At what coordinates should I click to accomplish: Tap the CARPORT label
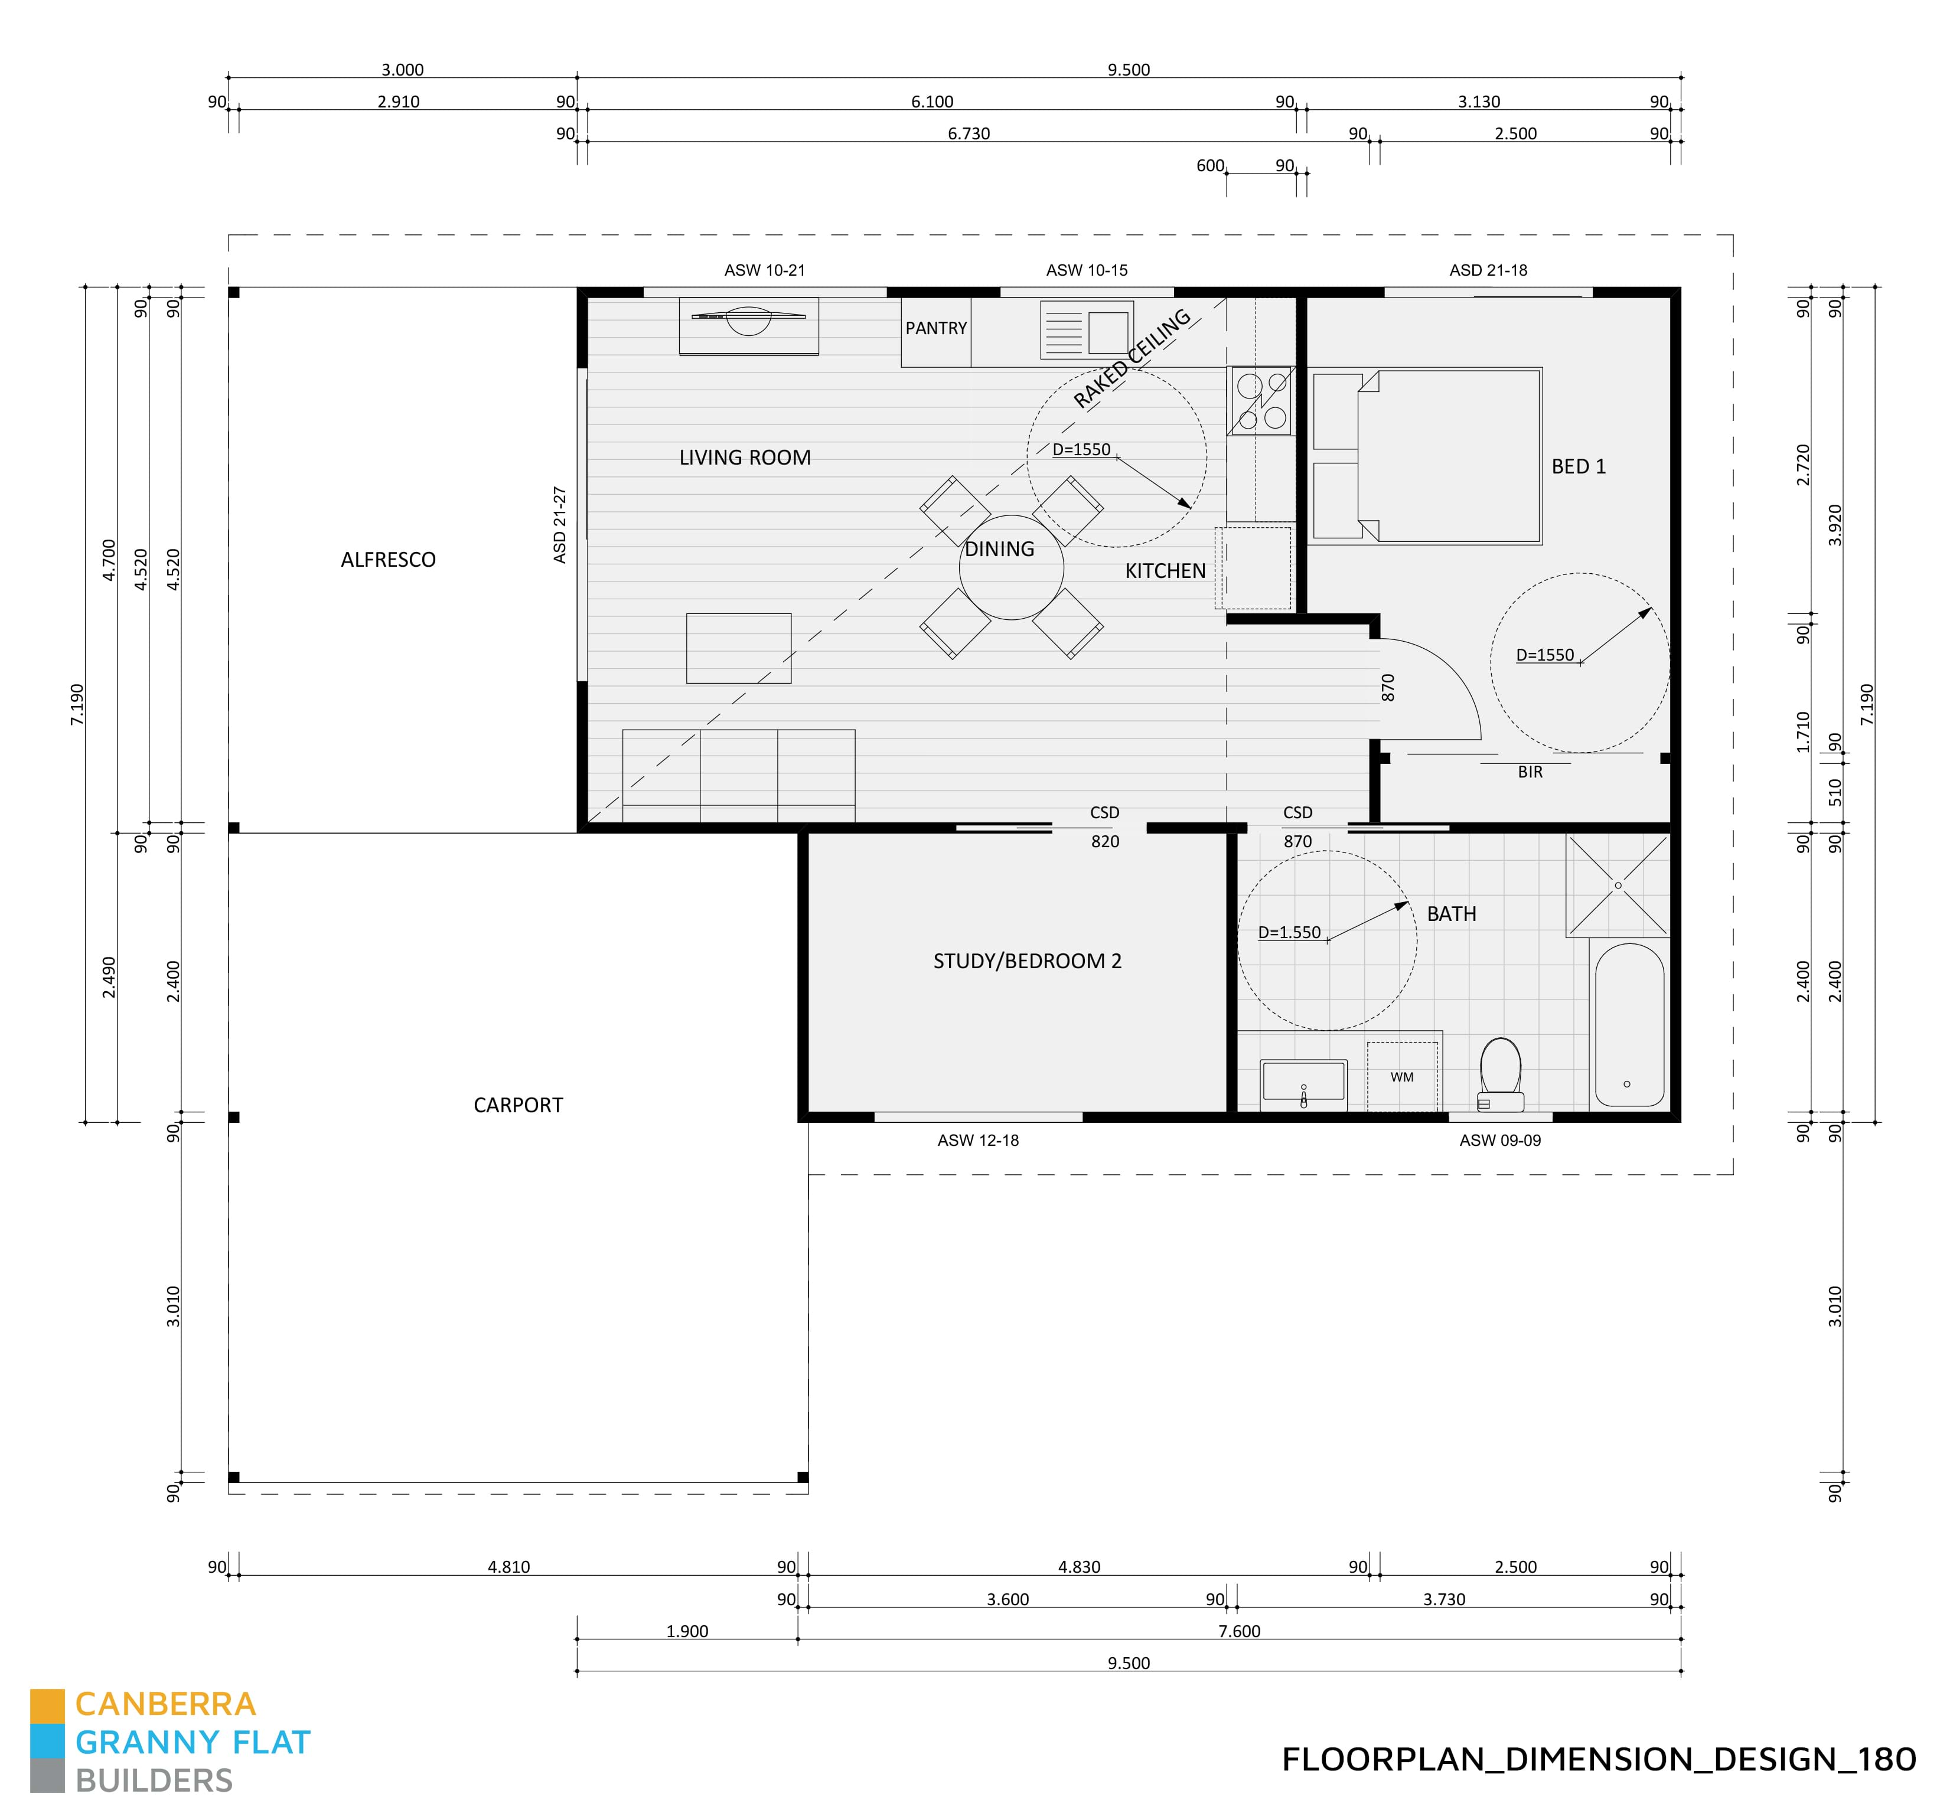point(518,1105)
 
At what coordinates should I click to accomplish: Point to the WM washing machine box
point(1403,1076)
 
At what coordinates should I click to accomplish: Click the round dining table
point(1011,567)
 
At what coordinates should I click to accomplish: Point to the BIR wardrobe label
point(1530,772)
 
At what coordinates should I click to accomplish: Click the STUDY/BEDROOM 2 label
point(1026,961)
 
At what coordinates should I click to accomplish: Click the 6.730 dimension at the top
point(968,133)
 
